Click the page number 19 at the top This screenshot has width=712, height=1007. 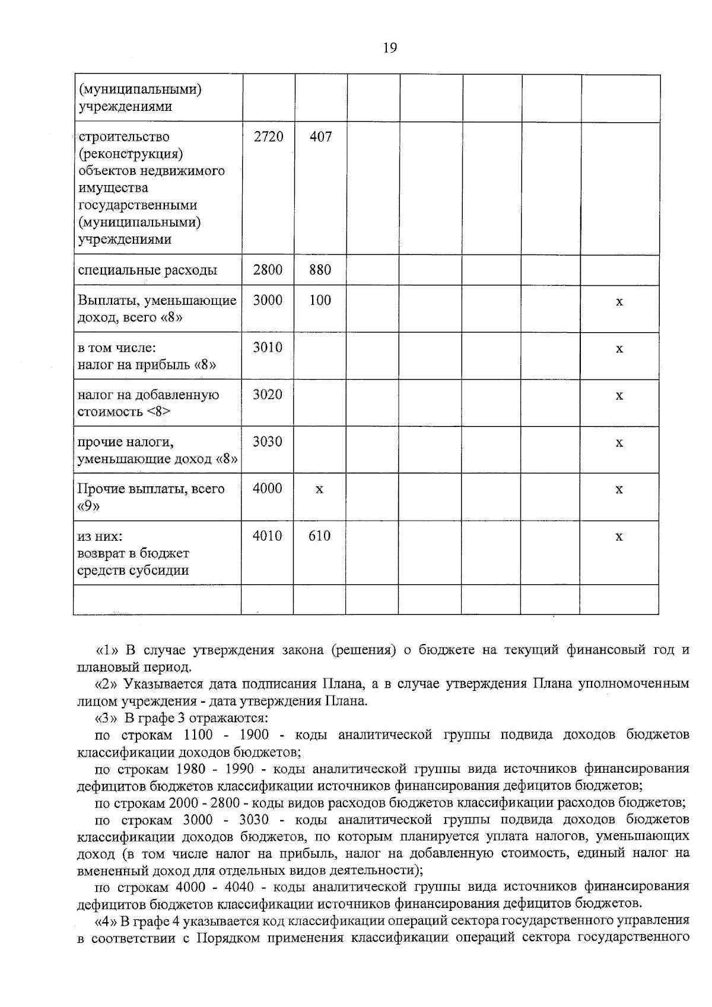tap(390, 48)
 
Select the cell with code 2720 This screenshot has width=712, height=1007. tap(268, 136)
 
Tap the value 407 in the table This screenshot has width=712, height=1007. tap(320, 136)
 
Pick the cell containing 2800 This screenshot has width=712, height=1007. tap(268, 270)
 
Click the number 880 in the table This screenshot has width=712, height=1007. tap(320, 270)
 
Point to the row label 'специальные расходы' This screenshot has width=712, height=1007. tap(147, 270)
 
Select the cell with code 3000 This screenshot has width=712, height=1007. tap(268, 300)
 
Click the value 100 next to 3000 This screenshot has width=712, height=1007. tap(320, 300)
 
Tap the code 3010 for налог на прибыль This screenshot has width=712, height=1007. tap(268, 348)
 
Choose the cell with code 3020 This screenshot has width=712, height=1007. tap(268, 394)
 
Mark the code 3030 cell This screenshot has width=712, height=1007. tap(268, 442)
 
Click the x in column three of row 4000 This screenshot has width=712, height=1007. tap(319, 490)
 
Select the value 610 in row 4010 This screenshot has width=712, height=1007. tap(319, 536)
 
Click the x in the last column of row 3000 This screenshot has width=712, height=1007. tap(619, 302)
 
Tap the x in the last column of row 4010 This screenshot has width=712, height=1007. tap(619, 537)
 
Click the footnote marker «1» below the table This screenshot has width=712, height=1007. tap(106, 650)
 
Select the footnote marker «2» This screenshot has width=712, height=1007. tap(106, 684)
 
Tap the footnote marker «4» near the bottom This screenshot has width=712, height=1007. tap(106, 921)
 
